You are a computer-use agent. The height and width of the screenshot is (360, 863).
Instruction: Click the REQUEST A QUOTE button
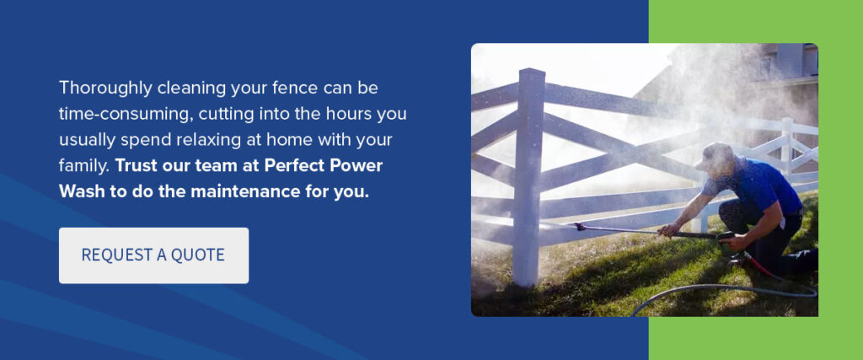coord(153,255)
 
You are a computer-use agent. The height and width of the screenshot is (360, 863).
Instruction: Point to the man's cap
coord(716,154)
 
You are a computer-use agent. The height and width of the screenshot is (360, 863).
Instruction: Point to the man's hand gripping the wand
coord(670,229)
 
